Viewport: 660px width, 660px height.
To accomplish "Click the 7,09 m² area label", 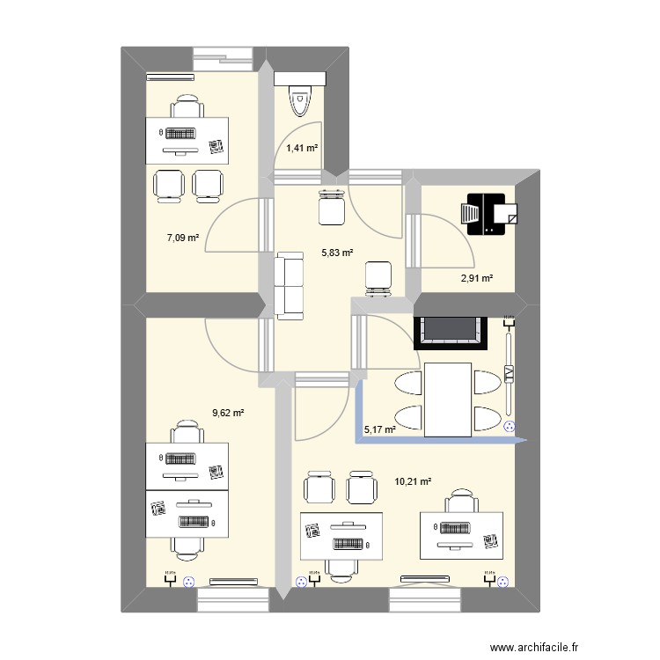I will [183, 238].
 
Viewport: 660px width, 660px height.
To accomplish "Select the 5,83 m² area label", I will [336, 253].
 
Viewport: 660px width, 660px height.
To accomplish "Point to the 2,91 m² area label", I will [476, 279].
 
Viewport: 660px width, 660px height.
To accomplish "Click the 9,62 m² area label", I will [228, 410].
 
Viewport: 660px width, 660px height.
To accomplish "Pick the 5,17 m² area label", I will [381, 429].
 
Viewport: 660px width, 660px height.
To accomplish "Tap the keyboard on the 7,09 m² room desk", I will [181, 135].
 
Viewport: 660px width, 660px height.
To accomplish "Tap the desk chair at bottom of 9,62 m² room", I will [187, 546].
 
